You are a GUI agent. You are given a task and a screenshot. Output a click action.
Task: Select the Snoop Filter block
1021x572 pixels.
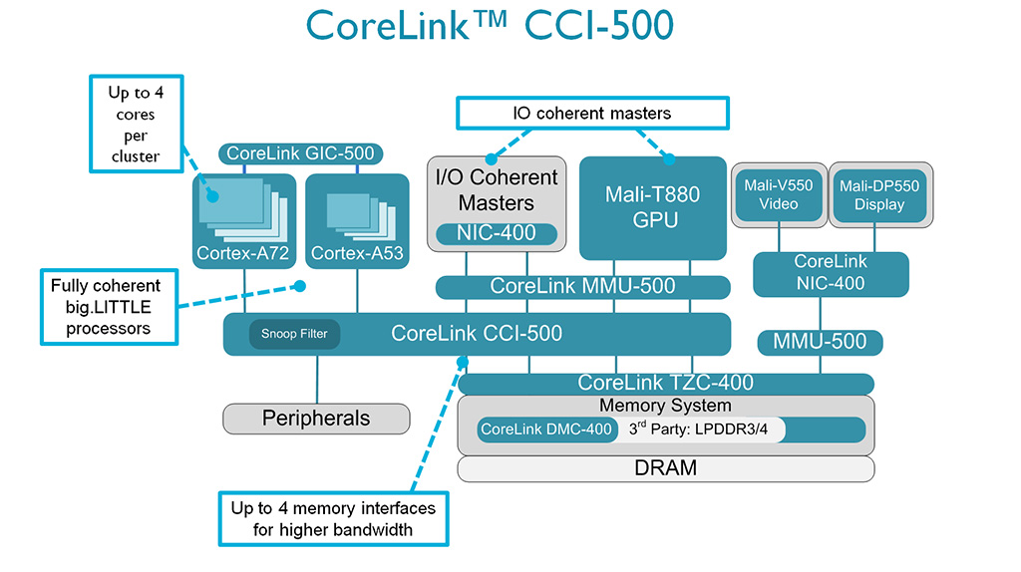(x=294, y=334)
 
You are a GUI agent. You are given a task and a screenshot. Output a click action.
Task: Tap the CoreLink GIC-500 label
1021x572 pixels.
(x=300, y=153)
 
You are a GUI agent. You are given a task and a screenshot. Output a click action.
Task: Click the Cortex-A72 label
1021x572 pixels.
(x=244, y=254)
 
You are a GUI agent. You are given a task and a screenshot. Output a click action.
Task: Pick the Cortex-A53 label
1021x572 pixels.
(x=357, y=254)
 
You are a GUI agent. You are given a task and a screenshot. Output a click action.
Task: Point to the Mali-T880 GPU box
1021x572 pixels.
(x=653, y=207)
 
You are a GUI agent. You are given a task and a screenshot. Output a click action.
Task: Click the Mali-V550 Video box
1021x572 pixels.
(x=779, y=194)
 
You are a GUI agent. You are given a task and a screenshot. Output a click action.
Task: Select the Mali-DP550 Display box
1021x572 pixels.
(x=878, y=194)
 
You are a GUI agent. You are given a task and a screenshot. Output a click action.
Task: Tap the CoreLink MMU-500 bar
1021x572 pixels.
(x=582, y=287)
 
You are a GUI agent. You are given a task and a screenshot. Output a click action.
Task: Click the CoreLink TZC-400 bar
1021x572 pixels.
(x=665, y=383)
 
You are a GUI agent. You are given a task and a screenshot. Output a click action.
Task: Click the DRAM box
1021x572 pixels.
(x=665, y=467)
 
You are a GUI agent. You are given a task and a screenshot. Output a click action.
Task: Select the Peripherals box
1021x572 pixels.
(x=316, y=419)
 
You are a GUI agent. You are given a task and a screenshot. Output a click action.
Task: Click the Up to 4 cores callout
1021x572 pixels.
(x=135, y=124)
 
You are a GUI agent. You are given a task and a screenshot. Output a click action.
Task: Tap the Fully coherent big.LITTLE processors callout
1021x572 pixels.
(x=106, y=307)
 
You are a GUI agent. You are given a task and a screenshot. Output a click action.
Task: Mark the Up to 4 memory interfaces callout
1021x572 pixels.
(x=333, y=518)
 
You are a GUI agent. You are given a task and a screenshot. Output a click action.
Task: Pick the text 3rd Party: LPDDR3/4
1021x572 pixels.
(x=702, y=430)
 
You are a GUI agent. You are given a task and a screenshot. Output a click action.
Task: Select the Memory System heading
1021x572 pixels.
(x=665, y=406)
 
